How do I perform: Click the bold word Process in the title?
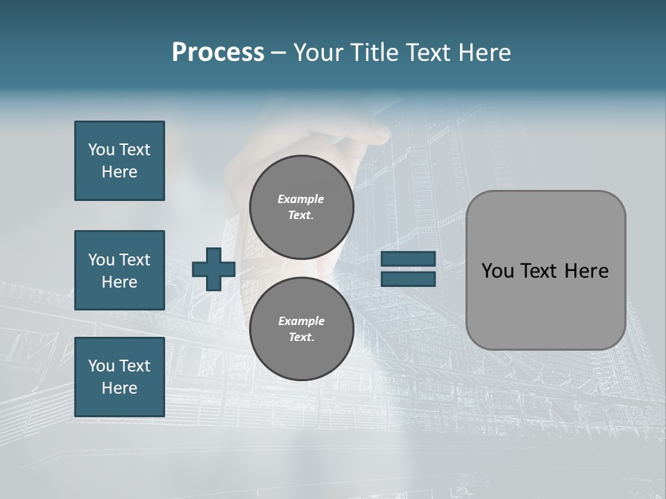coord(218,53)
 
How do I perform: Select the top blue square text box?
coord(119,161)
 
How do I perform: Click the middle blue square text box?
coord(119,270)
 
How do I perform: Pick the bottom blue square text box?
coord(119,377)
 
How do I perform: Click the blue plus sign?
coord(214,269)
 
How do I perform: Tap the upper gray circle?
coord(302,207)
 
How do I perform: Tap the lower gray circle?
coord(302,329)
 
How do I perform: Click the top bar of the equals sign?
coord(408,259)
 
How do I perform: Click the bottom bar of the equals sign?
coord(408,279)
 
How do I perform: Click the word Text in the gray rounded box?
coord(540,271)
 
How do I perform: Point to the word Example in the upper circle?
coord(301,199)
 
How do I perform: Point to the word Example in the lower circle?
coord(301,321)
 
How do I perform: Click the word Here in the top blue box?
coord(119,172)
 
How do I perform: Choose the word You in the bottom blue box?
coord(101,366)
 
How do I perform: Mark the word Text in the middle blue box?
coord(135,260)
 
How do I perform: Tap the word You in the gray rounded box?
coord(497,271)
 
